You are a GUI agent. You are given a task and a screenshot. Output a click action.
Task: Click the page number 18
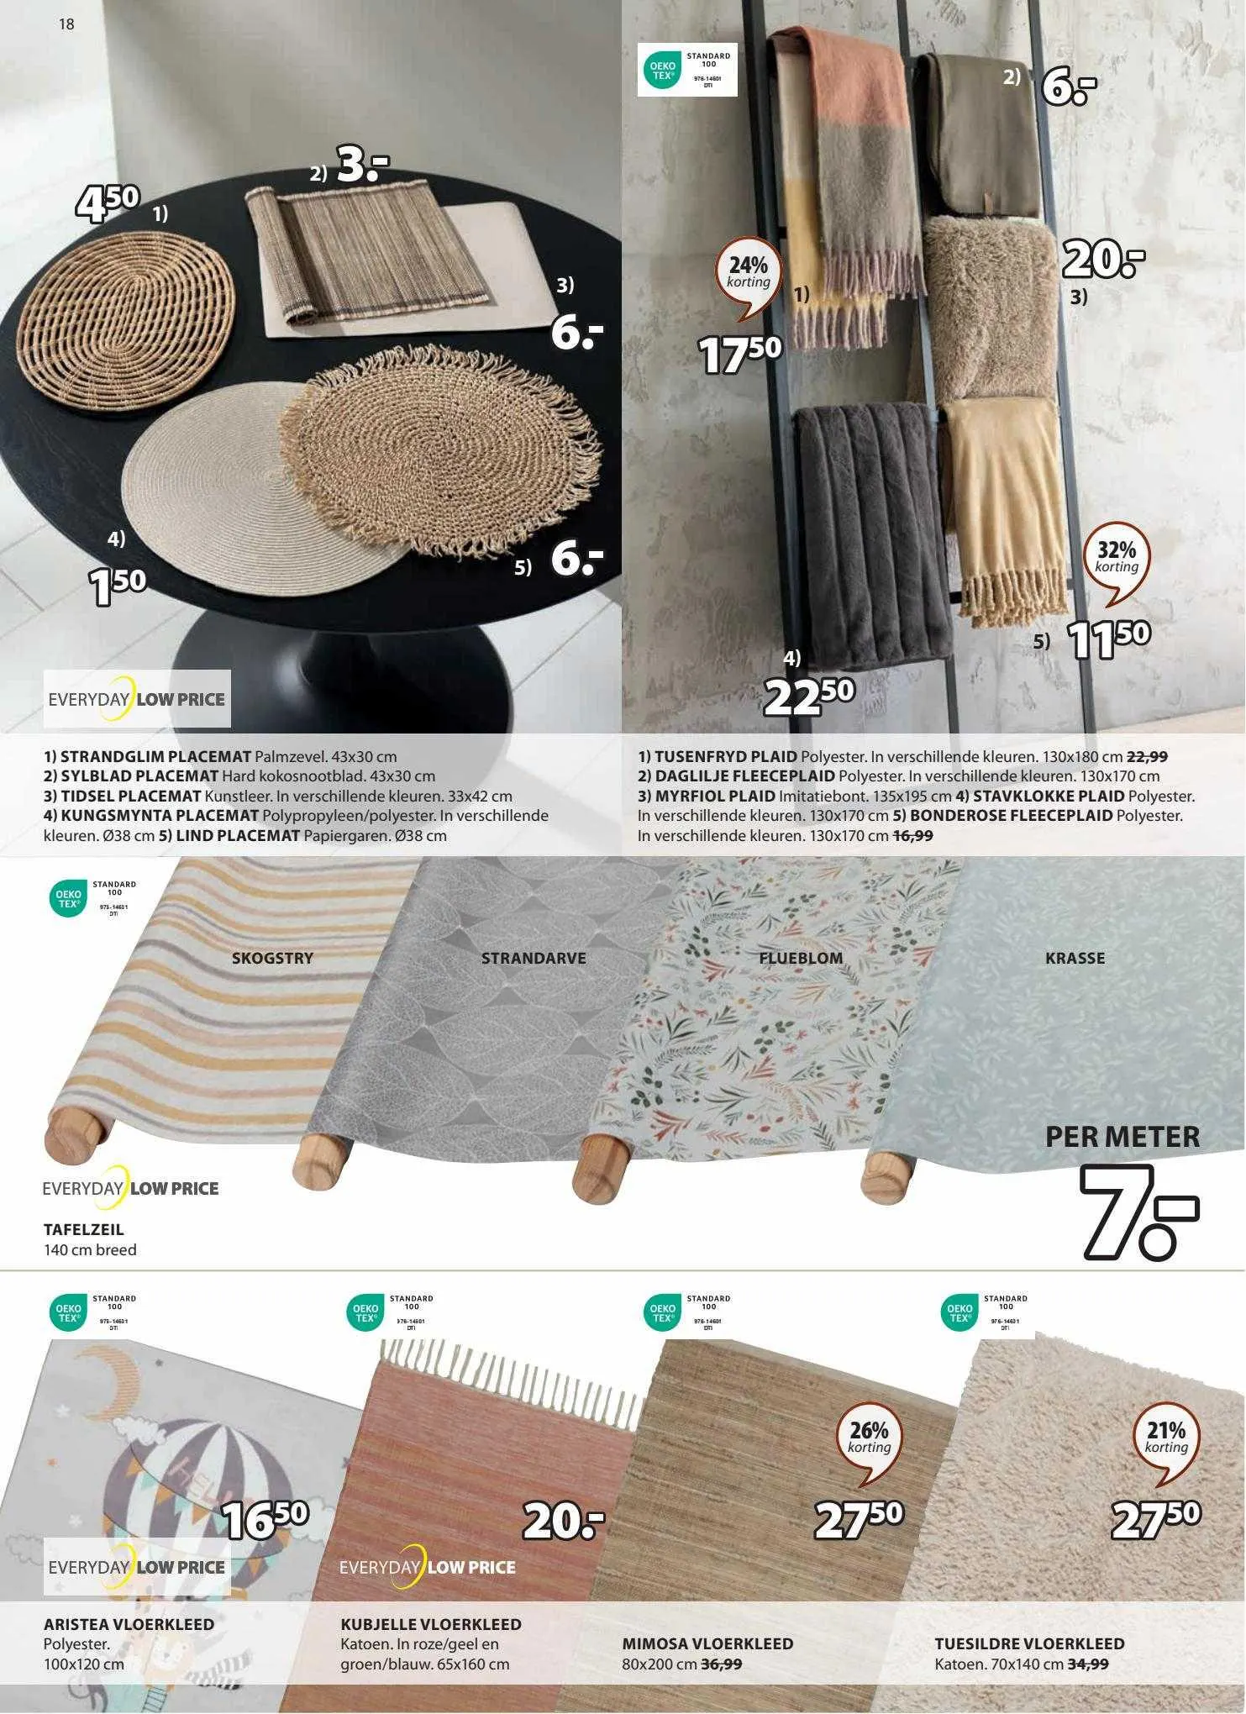(66, 24)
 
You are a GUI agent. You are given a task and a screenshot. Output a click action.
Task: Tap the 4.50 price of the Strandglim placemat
(108, 203)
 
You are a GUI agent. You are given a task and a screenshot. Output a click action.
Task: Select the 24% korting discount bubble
(749, 274)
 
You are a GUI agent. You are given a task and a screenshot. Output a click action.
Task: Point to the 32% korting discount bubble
(1117, 558)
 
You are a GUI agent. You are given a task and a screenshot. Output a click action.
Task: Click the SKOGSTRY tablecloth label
(272, 958)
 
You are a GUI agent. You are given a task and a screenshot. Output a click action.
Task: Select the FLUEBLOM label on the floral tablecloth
(800, 958)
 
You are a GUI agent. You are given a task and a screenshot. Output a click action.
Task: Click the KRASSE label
(1075, 958)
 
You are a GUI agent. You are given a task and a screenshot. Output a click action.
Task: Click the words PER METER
(1122, 1137)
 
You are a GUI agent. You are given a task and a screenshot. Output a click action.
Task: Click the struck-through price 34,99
(1087, 1664)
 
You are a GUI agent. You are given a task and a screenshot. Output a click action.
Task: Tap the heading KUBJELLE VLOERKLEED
(430, 1624)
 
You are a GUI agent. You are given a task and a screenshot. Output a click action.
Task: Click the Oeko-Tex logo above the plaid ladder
(686, 69)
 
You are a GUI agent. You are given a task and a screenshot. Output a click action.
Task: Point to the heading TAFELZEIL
(83, 1229)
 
